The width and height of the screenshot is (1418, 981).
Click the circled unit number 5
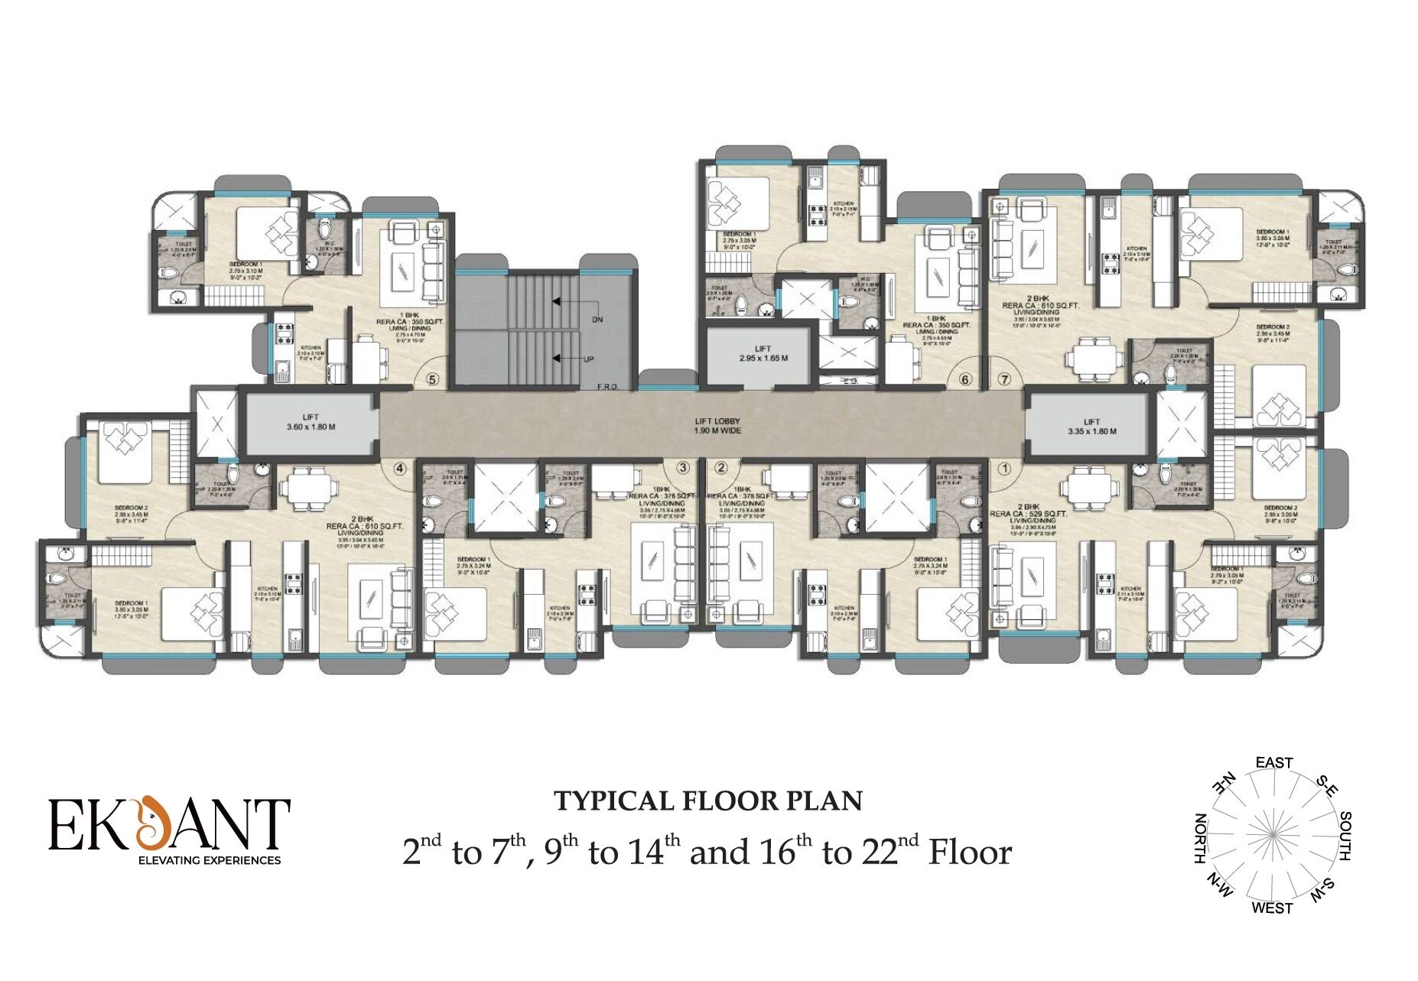[433, 379]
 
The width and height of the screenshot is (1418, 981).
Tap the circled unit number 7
[1004, 379]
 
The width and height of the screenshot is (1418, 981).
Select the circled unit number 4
[399, 469]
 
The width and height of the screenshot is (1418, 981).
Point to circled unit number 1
[1004, 469]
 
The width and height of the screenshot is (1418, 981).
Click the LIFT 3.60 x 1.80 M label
[311, 422]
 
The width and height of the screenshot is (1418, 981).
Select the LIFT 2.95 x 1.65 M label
[763, 353]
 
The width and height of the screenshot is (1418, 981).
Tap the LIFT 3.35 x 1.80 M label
[1091, 427]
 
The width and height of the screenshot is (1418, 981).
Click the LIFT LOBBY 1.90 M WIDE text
[717, 426]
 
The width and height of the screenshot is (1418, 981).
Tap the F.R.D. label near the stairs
[607, 387]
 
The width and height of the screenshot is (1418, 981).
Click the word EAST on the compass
[1273, 763]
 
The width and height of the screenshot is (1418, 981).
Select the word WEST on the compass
[1272, 908]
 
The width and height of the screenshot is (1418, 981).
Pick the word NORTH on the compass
[1201, 838]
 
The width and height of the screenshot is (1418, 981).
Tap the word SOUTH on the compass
[1345, 836]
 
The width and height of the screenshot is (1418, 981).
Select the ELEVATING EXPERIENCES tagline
[209, 860]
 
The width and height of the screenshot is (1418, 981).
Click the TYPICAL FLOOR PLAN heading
[708, 801]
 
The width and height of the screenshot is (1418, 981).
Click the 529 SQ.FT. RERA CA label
[1029, 514]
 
